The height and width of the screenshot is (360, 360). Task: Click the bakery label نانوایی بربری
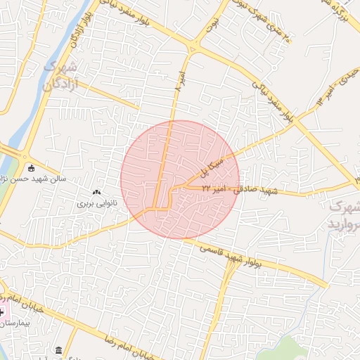point(96,203)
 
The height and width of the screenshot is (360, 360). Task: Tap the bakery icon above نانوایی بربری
point(96,192)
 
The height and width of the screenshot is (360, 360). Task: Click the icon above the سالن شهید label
point(30,167)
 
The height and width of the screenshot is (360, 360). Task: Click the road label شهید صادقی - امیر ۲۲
point(240,190)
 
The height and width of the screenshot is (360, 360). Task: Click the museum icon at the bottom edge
point(58,350)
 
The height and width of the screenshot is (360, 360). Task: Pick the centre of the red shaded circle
point(180,179)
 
